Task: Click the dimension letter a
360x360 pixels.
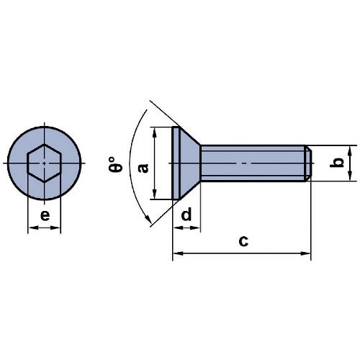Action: [x=143, y=168]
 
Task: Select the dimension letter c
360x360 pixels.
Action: [x=243, y=241]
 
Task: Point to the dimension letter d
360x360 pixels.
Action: [x=186, y=214]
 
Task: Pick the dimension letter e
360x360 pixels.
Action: [x=45, y=215]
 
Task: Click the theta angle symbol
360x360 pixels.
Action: [x=114, y=165]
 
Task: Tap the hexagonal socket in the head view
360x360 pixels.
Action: [x=45, y=163]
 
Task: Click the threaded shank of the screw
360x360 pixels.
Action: [x=253, y=163]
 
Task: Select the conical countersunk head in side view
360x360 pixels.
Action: [x=186, y=163]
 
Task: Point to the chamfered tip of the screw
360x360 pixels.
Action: [x=308, y=163]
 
